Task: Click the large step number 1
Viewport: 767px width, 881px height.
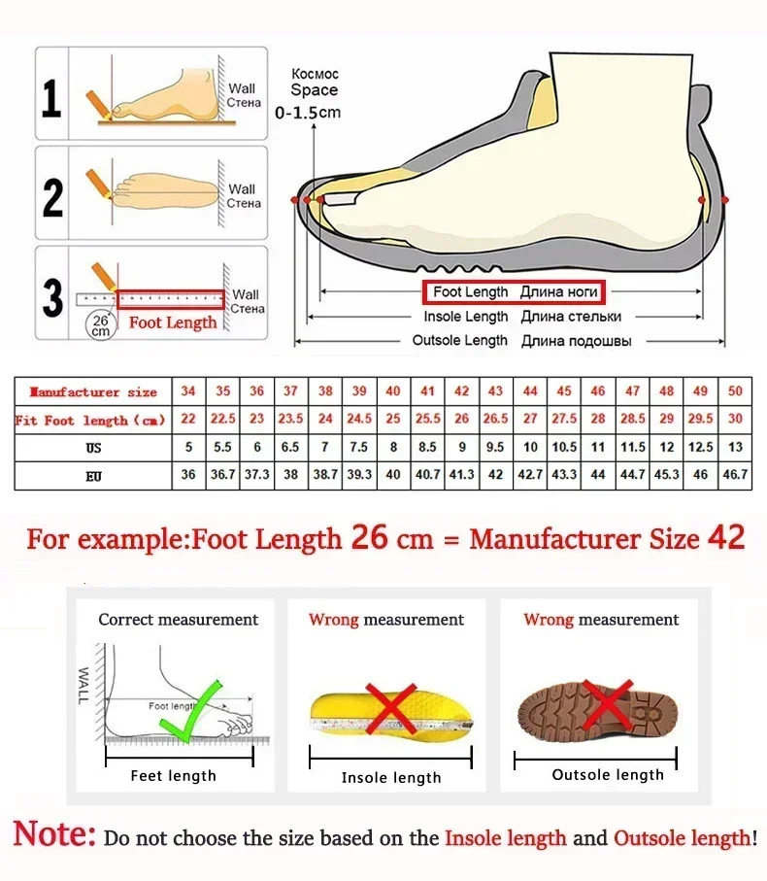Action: [52, 98]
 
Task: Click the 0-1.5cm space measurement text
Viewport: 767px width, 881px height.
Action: [309, 113]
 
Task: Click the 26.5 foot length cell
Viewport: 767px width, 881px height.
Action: [496, 420]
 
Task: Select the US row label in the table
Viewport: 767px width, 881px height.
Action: [93, 448]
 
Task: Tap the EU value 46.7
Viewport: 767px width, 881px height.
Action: [735, 475]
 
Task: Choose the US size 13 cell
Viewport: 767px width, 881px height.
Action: [735, 448]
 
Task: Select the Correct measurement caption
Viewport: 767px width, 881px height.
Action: [179, 620]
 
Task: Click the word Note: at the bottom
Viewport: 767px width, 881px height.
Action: [54, 834]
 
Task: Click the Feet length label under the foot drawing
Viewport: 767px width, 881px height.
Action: [174, 775]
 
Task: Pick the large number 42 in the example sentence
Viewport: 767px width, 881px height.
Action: [725, 537]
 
